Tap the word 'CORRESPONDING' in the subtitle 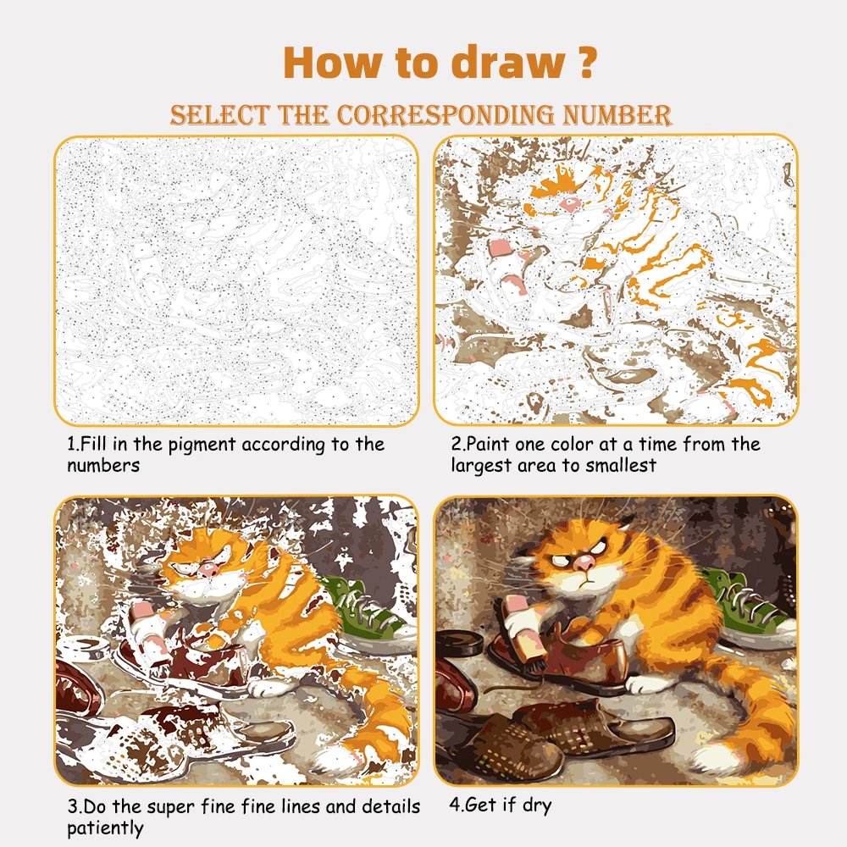click(x=446, y=115)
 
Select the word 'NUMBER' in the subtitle click(x=617, y=115)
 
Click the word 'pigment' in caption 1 click(x=202, y=446)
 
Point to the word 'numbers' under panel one click(x=103, y=466)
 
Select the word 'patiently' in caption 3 click(x=105, y=828)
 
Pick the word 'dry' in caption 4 click(x=537, y=805)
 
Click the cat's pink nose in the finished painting click(x=584, y=563)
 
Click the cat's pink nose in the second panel click(x=569, y=203)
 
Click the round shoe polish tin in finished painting click(x=460, y=644)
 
